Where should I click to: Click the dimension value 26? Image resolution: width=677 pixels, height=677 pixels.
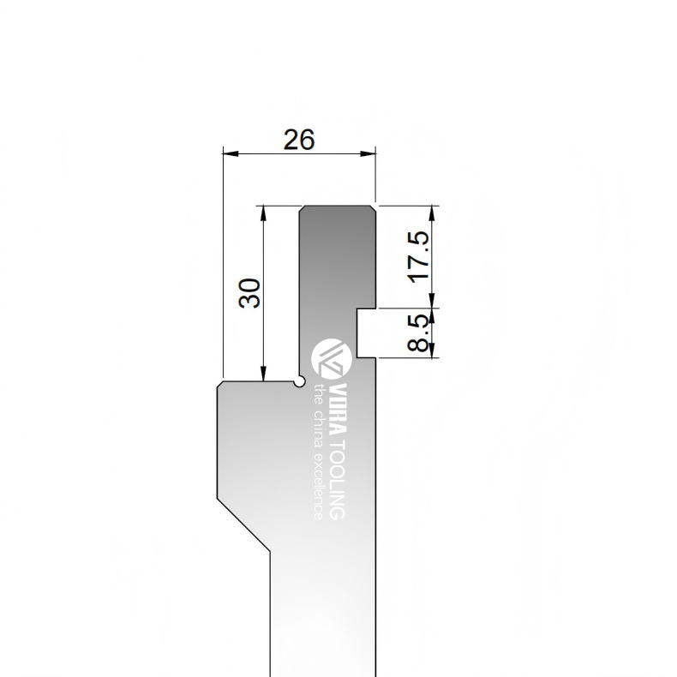[299, 140]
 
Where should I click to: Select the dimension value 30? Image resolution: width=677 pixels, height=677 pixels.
[249, 293]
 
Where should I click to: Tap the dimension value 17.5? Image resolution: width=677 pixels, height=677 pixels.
[419, 257]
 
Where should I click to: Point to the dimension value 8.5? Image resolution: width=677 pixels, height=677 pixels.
[419, 333]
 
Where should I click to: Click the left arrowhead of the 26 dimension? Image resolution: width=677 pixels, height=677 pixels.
[231, 153]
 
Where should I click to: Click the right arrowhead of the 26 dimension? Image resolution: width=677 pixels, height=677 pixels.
[368, 153]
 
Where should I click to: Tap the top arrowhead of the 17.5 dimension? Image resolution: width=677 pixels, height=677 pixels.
[432, 214]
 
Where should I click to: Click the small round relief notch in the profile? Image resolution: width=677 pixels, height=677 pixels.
[300, 382]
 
